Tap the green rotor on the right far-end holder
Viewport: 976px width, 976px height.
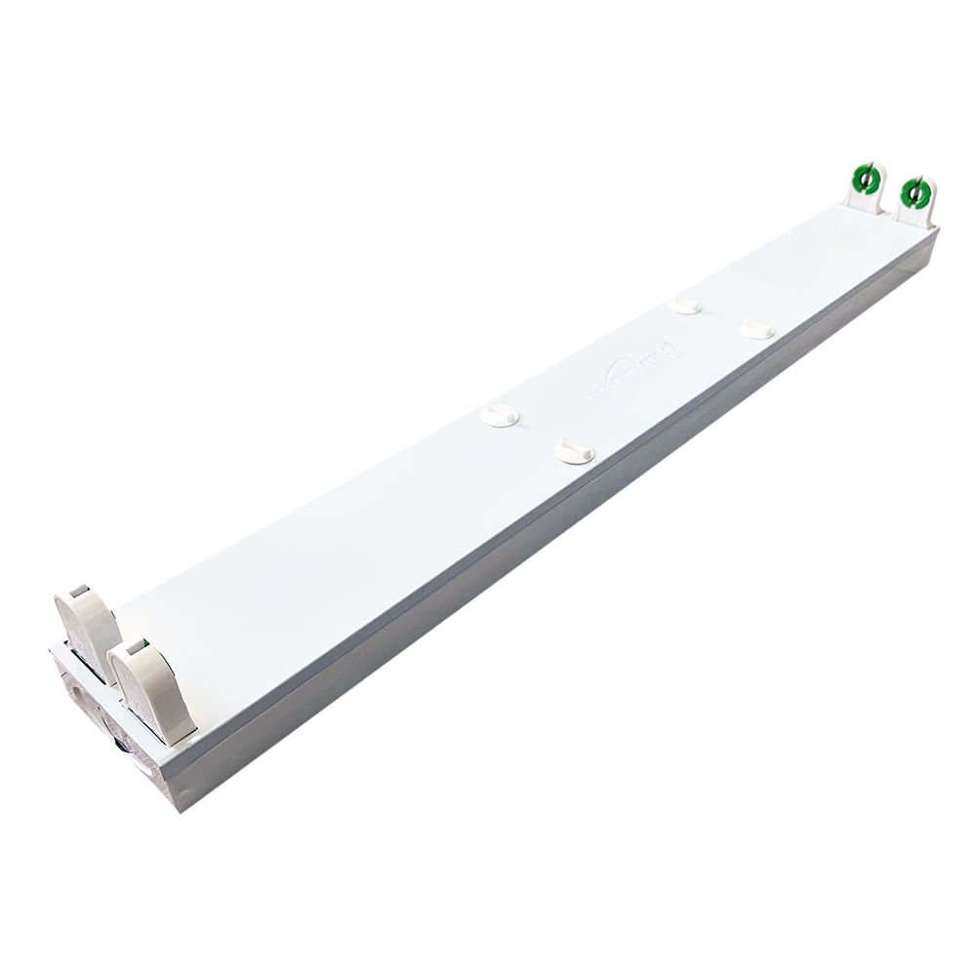pos(915,192)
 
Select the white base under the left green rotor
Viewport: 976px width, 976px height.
pos(864,201)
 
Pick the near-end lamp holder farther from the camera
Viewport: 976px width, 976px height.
pos(89,630)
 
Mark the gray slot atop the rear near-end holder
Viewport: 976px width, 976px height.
pos(79,590)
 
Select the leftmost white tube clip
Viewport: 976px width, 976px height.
pos(500,416)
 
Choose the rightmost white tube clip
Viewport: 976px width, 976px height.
pos(756,330)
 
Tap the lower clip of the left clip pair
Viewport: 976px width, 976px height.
pos(574,450)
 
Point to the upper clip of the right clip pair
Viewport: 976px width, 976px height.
pos(685,305)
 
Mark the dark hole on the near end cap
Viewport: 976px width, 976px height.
pos(120,745)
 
